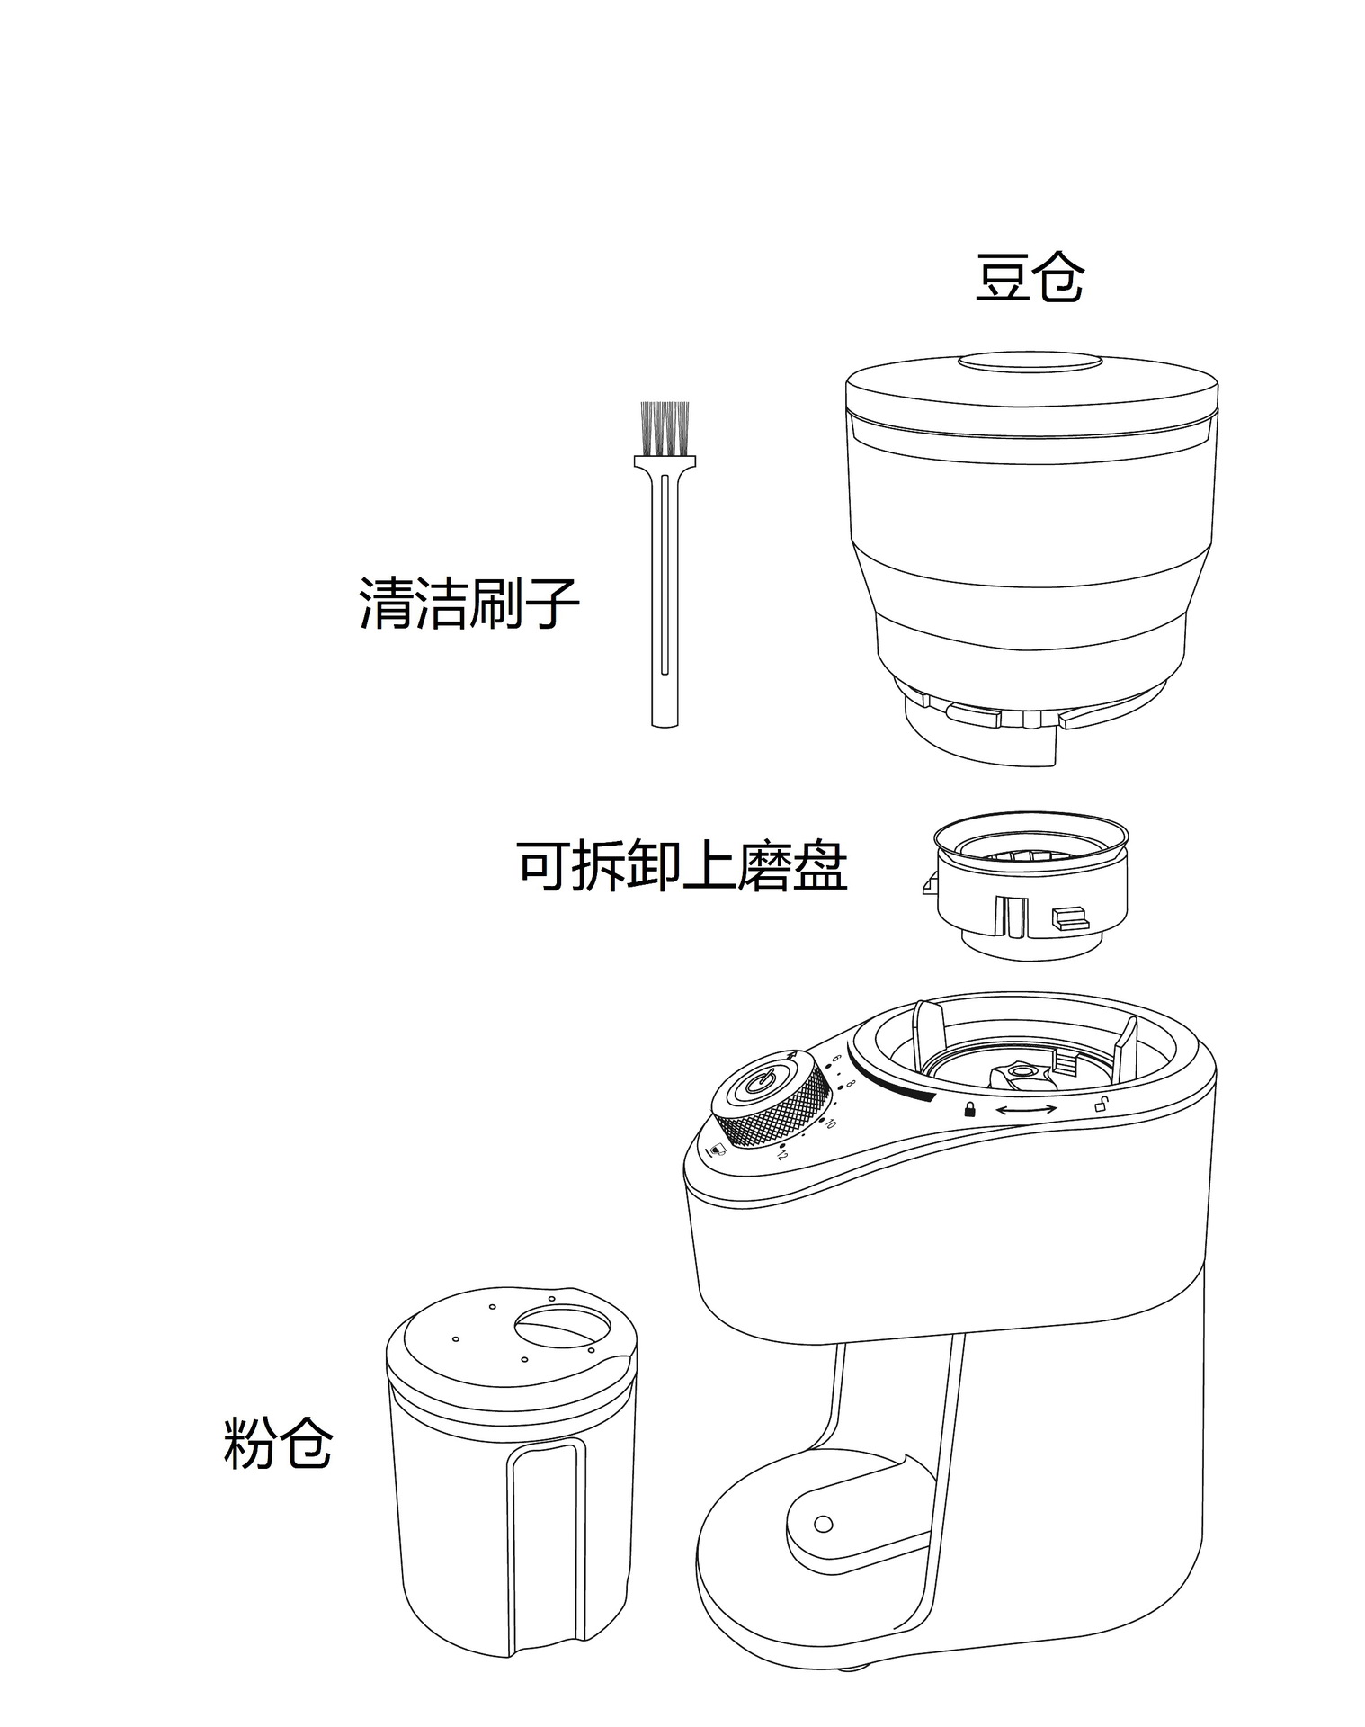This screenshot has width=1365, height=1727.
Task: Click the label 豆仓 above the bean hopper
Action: tap(1029, 279)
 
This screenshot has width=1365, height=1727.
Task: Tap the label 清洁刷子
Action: tap(468, 603)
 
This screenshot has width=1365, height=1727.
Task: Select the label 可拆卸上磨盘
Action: tap(682, 867)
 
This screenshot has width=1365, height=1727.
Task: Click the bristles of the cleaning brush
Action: tap(665, 427)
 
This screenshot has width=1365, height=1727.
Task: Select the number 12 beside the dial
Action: tap(782, 1154)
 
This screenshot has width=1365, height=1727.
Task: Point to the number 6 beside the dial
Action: tap(837, 1059)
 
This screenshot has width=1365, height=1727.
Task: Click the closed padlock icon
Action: tap(969, 1108)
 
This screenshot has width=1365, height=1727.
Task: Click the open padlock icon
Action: tap(1101, 1105)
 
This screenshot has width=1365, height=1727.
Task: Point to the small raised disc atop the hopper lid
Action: tap(1030, 362)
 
